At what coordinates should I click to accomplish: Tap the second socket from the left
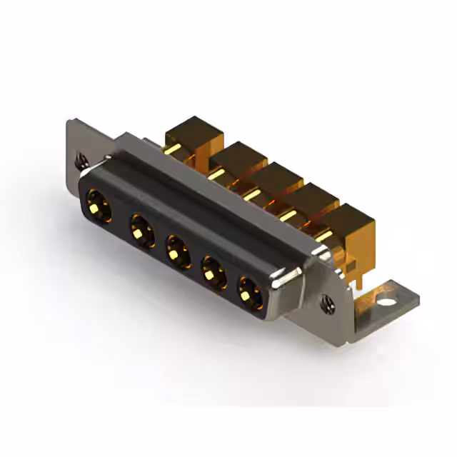coord(139,230)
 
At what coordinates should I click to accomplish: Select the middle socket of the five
coord(175,251)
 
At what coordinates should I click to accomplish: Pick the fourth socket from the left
coord(211,272)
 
